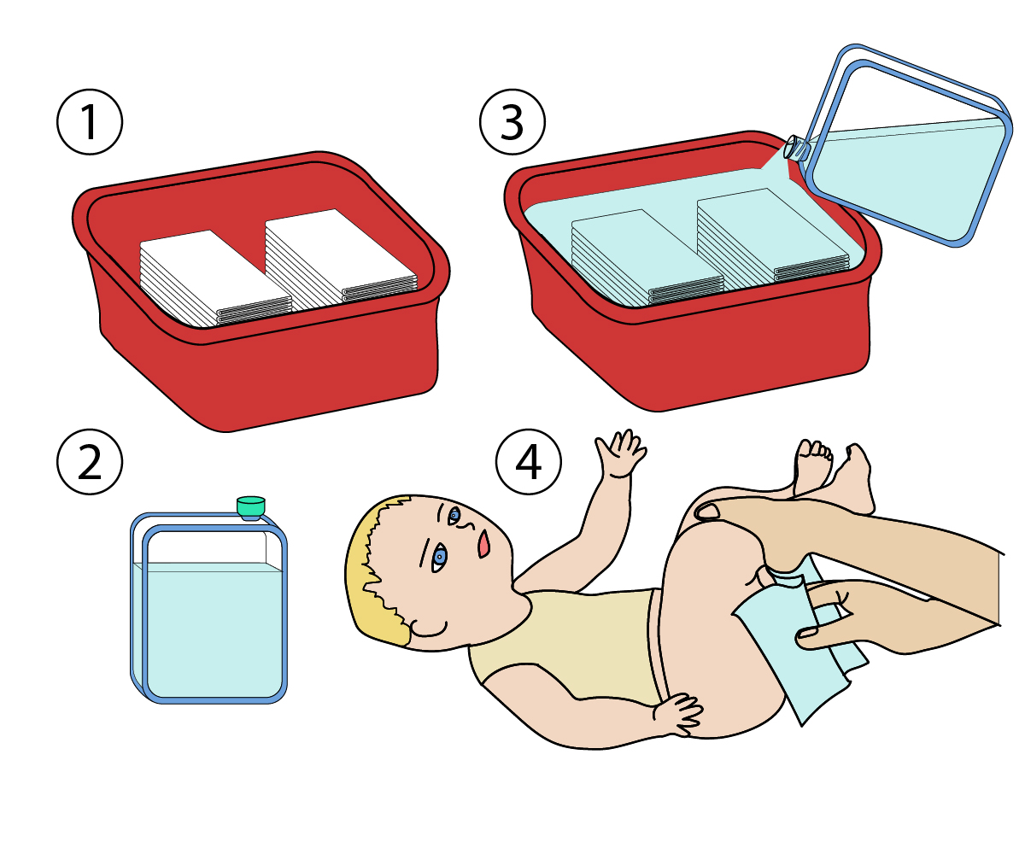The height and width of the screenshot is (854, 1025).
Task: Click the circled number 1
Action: click(x=90, y=122)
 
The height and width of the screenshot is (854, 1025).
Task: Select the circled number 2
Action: click(x=90, y=462)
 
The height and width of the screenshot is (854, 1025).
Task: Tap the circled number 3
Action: click(x=512, y=122)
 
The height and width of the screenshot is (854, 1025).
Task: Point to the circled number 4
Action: click(x=528, y=462)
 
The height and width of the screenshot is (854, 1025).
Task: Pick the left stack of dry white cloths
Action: click(x=216, y=278)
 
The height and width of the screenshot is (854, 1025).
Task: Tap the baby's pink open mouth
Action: click(x=483, y=543)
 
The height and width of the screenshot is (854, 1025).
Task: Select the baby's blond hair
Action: click(x=378, y=570)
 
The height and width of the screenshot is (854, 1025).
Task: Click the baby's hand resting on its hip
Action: click(x=678, y=714)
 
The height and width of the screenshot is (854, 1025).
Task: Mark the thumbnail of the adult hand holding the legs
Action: click(x=707, y=511)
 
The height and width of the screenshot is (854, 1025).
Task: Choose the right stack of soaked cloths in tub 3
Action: click(x=773, y=236)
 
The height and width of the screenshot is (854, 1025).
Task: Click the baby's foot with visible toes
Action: click(x=812, y=466)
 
